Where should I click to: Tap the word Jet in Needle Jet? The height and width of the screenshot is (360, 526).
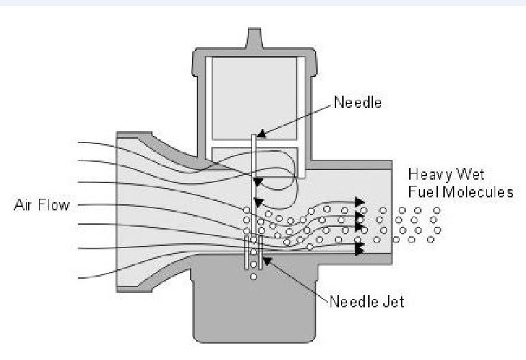click(x=393, y=301)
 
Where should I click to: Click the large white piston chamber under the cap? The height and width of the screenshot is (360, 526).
click(x=252, y=96)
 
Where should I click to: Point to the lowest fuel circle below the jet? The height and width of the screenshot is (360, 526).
click(x=253, y=276)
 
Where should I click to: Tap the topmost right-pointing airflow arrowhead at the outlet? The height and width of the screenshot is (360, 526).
click(x=359, y=200)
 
